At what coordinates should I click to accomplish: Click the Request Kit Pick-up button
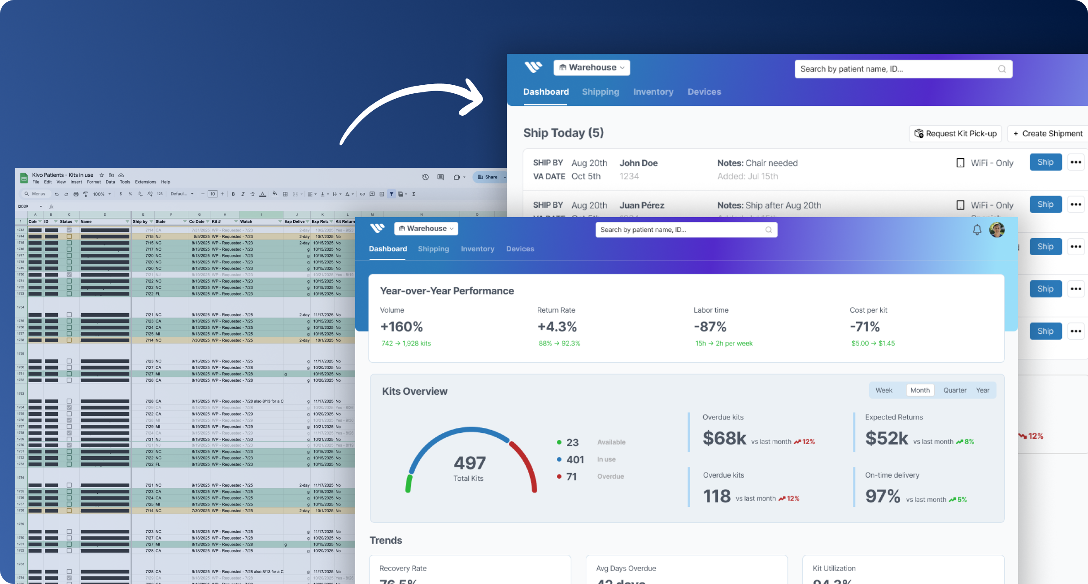[956, 134]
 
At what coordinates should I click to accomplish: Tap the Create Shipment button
[1048, 134]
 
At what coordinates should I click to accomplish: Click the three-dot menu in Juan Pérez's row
[1075, 205]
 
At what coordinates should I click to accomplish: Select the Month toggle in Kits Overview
[920, 390]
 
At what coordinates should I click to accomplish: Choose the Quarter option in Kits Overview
[954, 390]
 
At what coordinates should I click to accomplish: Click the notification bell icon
[977, 230]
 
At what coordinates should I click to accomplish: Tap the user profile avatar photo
[997, 230]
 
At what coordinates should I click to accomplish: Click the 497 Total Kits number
[470, 463]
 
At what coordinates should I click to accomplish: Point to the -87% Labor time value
[710, 327]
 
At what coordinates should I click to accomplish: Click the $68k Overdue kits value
[724, 438]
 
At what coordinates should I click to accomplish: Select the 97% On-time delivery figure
[883, 496]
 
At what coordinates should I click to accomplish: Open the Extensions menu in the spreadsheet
[145, 182]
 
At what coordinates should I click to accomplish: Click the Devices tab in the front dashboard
[520, 249]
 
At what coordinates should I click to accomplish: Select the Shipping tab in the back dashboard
[600, 92]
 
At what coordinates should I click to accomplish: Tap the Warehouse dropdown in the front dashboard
[426, 229]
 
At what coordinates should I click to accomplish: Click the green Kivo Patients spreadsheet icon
[24, 178]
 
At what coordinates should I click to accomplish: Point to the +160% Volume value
[401, 327]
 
